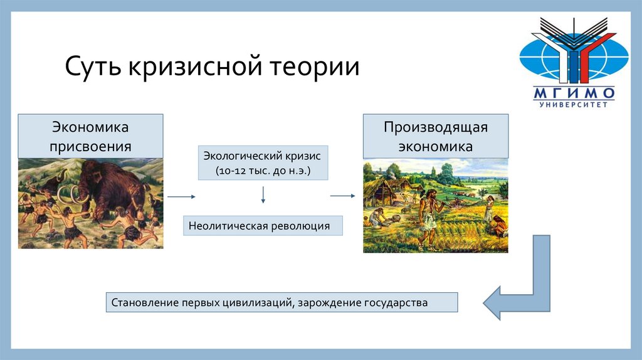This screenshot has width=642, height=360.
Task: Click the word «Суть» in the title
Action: [93, 66]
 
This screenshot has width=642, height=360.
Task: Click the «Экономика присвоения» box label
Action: [90, 136]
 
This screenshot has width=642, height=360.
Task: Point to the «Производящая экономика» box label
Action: [436, 136]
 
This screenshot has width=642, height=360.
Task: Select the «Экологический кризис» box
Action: [263, 162]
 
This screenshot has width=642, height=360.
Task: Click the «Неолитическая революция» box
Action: [263, 226]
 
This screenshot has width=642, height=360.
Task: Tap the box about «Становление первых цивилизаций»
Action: [282, 302]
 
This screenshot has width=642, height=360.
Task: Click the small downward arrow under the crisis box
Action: [263, 195]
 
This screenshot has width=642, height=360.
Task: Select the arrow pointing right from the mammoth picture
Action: [181, 196]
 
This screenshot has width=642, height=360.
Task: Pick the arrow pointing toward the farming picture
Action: [343, 196]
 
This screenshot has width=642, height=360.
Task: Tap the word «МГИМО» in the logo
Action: [574, 93]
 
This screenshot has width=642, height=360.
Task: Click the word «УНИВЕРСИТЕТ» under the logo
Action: [574, 105]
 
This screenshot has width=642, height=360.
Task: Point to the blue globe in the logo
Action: [574, 57]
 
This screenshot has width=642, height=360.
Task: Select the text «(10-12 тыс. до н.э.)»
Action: [263, 171]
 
